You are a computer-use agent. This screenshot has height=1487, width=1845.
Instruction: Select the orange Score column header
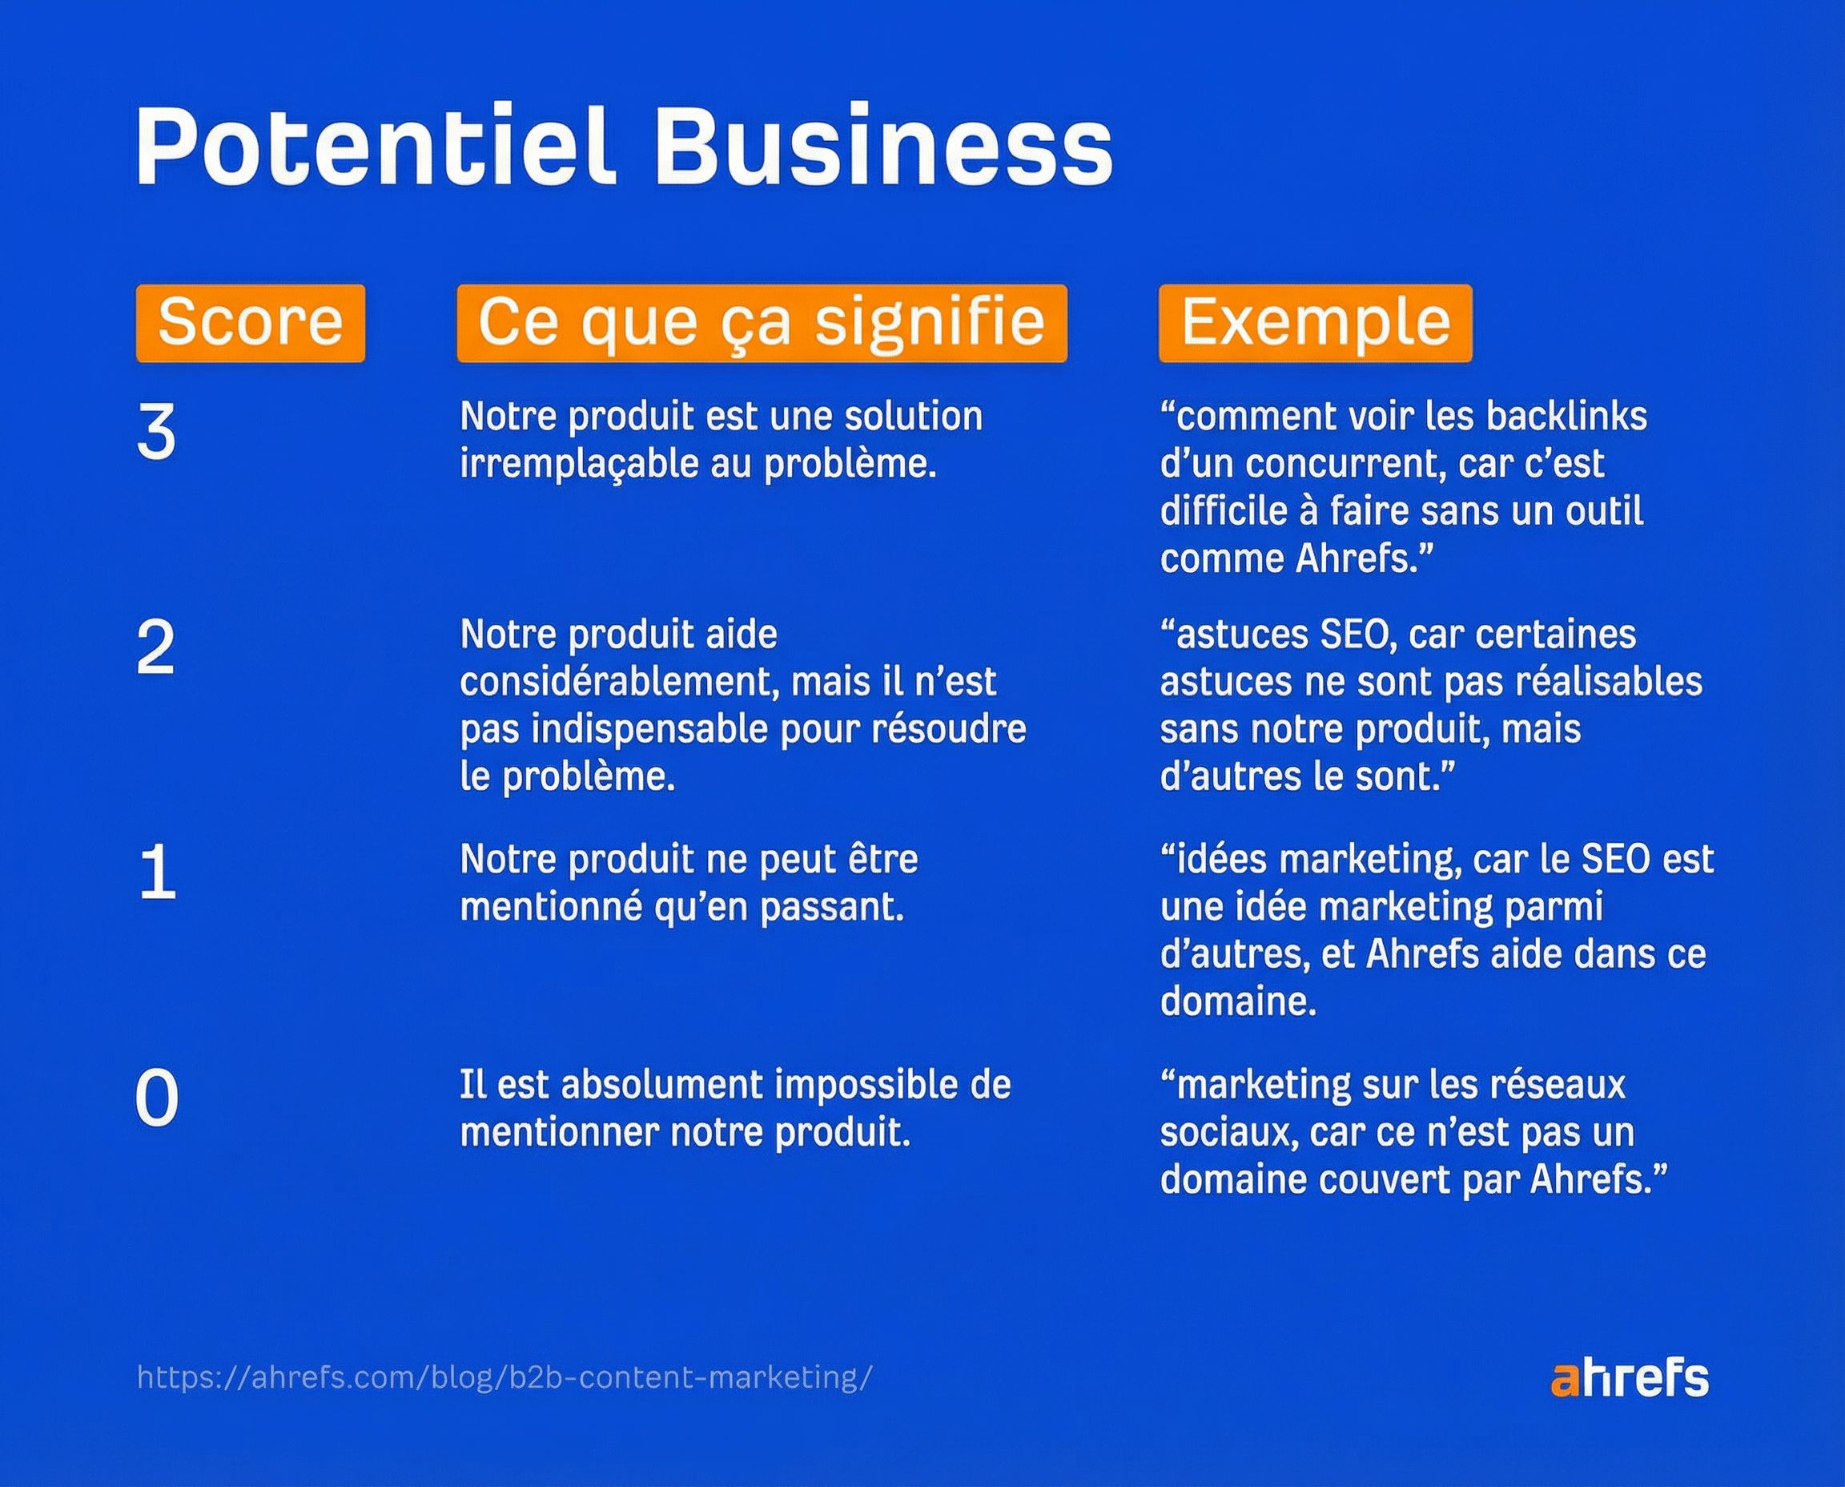(x=251, y=323)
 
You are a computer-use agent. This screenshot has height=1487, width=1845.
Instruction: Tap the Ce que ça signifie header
(x=762, y=323)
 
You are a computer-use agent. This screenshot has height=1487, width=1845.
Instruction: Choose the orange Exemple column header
(x=1316, y=323)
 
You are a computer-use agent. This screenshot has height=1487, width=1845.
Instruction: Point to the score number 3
(x=156, y=432)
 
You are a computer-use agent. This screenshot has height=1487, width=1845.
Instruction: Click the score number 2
(x=156, y=647)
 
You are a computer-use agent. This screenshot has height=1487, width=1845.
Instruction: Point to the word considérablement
(x=619, y=683)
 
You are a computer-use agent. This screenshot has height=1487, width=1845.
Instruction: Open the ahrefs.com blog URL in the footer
(x=505, y=1378)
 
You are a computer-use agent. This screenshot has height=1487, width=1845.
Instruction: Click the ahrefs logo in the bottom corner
(x=1630, y=1378)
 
